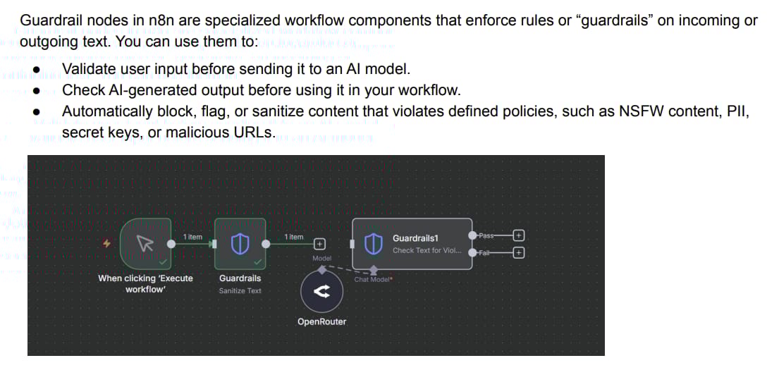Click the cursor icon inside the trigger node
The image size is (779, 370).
(145, 244)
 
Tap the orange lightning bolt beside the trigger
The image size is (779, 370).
(107, 244)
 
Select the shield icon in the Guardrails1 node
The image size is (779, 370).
(373, 244)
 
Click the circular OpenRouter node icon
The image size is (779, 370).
(321, 293)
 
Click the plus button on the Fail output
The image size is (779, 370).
(519, 252)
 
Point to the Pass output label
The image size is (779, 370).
(486, 235)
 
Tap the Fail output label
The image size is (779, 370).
(484, 252)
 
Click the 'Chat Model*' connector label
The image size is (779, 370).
(373, 280)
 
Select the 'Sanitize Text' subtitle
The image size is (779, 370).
(240, 290)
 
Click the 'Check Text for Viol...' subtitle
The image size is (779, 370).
(427, 250)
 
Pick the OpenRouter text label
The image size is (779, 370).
(321, 322)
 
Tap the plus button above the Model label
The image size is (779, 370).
(319, 244)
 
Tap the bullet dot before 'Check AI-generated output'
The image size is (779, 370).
(35, 91)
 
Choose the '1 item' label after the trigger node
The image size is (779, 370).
(192, 237)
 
